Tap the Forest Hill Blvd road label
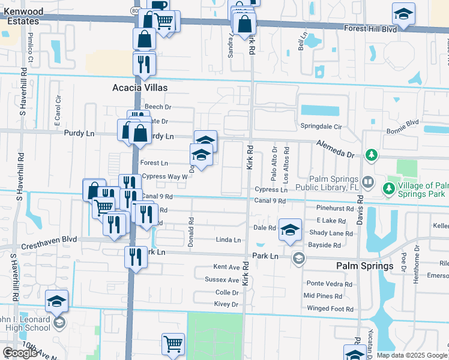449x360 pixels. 370,28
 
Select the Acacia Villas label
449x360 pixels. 140,88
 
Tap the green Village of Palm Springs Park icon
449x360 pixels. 389,188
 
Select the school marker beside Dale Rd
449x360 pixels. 290,230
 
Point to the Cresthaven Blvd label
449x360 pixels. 53,239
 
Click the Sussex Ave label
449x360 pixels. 221,280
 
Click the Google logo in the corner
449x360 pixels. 20,353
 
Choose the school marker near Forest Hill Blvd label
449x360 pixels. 403,14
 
